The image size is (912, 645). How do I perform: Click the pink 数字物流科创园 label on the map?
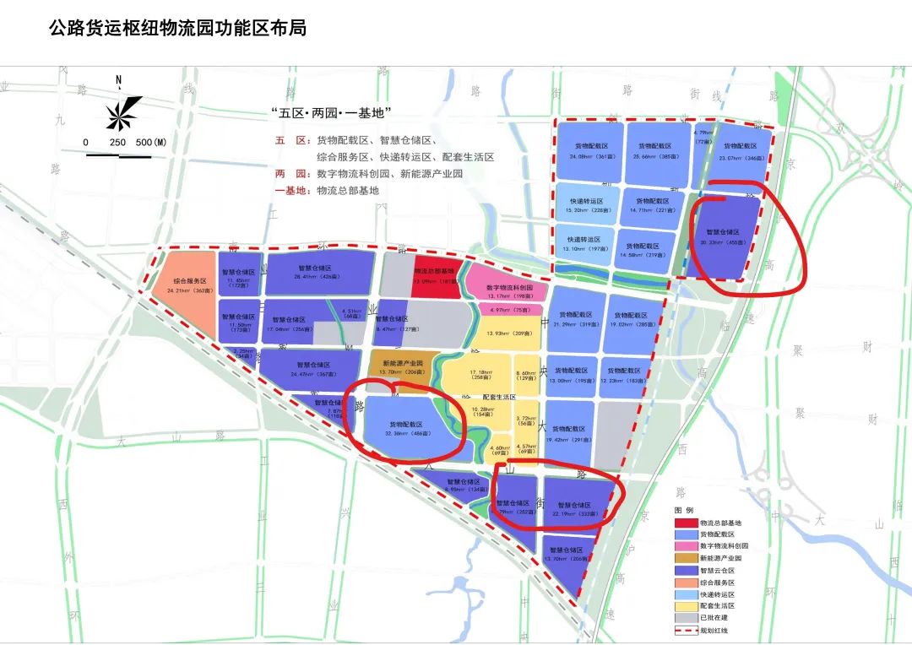tap(509, 287)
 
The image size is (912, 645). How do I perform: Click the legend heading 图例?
tap(683, 511)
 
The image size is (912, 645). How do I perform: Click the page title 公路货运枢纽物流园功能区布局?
tap(177, 29)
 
